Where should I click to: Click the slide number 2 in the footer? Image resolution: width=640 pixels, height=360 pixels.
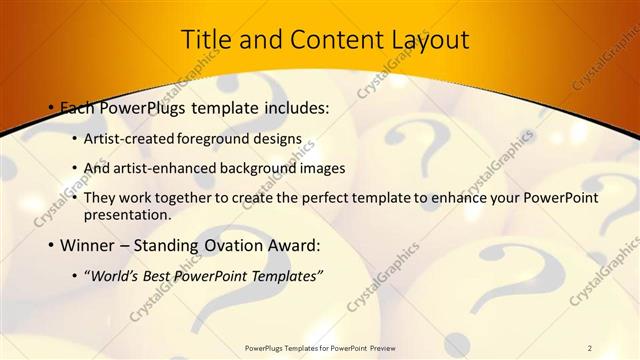coord(589,347)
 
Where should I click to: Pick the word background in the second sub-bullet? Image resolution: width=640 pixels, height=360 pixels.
coord(257,167)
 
